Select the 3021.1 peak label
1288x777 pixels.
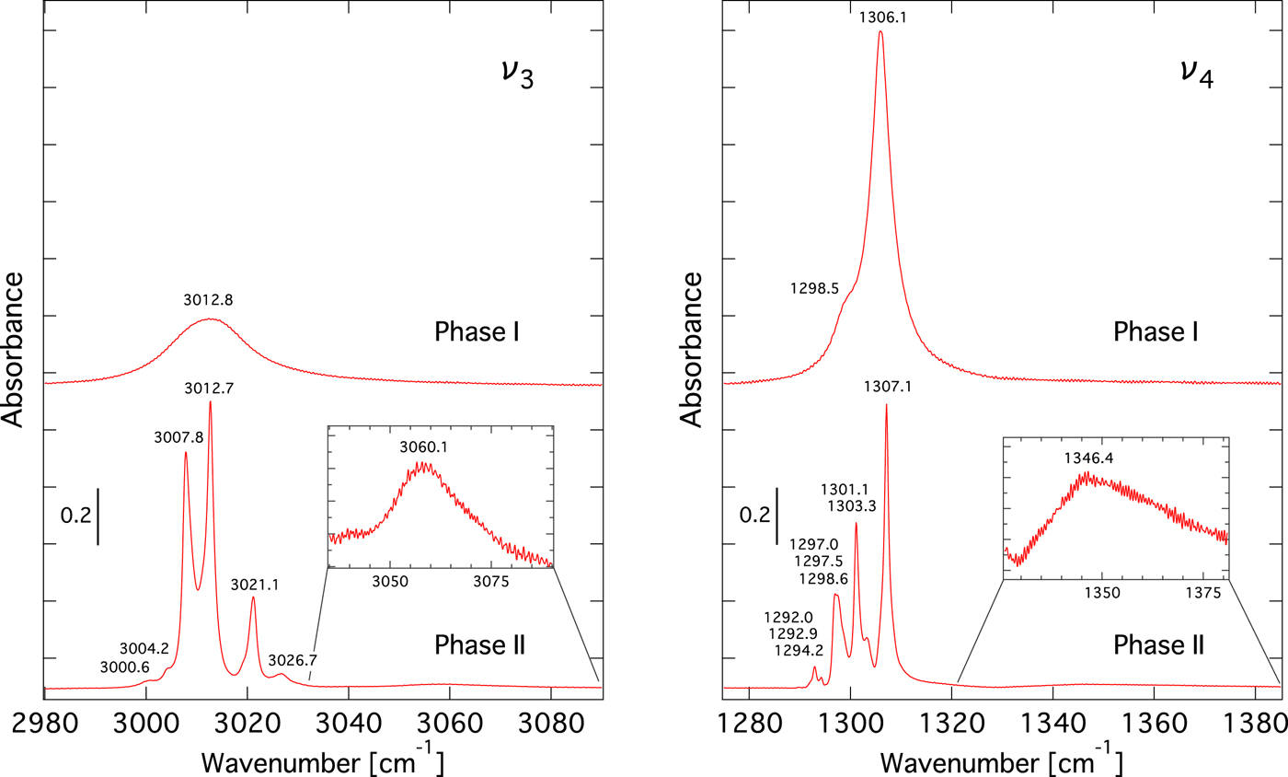pos(253,583)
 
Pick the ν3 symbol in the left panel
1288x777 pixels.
pos(518,74)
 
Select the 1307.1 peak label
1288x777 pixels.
pos(886,388)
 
